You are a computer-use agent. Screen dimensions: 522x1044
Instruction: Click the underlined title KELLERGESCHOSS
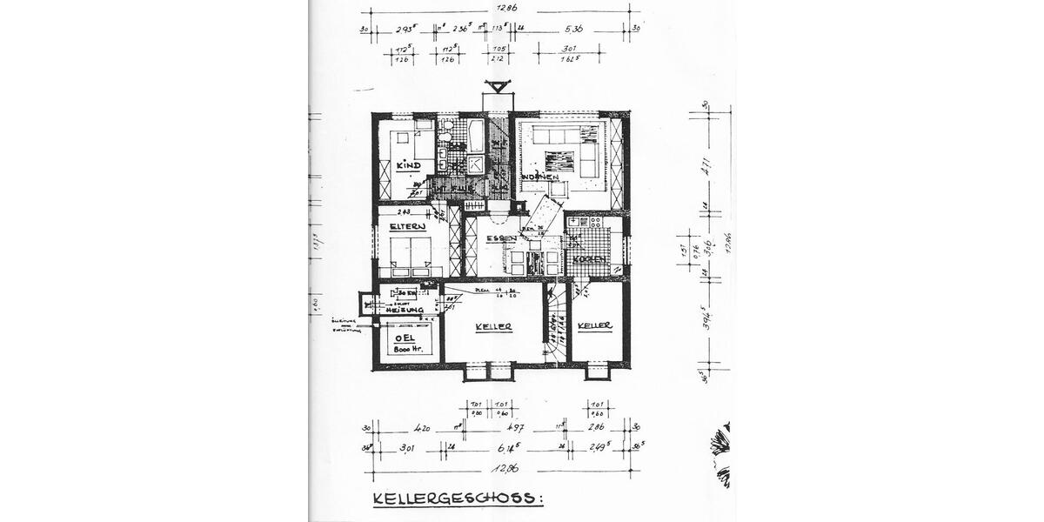[x=458, y=499]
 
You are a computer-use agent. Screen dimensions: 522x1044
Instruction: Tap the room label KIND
[x=408, y=165]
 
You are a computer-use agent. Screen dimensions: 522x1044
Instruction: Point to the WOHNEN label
[x=540, y=177]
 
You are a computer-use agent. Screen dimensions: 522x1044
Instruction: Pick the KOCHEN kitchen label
[x=588, y=259]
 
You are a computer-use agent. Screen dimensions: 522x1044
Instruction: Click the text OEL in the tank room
[x=405, y=338]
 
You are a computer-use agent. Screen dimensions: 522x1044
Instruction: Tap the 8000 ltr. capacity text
[x=406, y=350]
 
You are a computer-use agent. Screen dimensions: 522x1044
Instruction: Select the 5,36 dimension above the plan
[x=572, y=30]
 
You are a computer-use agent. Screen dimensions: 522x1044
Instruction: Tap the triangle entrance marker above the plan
[x=497, y=86]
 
